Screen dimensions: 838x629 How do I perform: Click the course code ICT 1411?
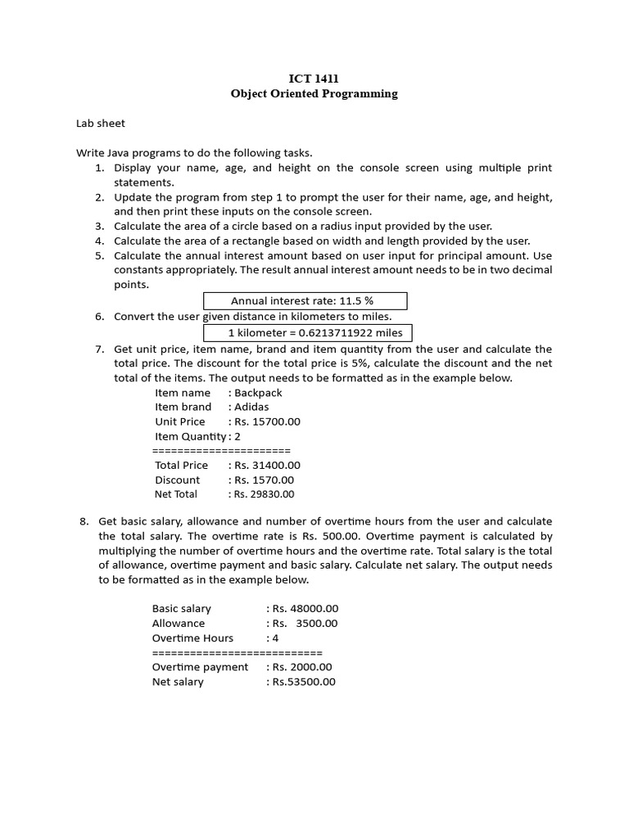tap(314, 79)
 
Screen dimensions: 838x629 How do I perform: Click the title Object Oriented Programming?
tap(314, 93)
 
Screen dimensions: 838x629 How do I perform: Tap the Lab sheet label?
tap(101, 124)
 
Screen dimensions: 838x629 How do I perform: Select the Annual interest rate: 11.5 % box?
tap(304, 301)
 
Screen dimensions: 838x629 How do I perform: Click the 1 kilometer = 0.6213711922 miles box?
tap(308, 332)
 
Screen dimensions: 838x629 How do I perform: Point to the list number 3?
tap(99, 226)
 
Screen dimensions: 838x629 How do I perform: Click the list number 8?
tap(83, 521)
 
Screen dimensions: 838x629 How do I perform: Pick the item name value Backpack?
tap(258, 392)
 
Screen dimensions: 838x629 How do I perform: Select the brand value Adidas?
tap(251, 407)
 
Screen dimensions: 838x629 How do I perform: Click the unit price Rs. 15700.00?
tap(267, 421)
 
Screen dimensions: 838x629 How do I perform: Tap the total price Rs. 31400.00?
tap(267, 465)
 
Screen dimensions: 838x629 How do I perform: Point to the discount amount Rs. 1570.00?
tap(264, 480)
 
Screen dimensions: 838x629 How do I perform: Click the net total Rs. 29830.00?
tap(264, 494)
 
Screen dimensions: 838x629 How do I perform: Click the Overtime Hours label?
tap(192, 638)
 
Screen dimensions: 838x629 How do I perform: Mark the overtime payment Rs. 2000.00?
tap(301, 667)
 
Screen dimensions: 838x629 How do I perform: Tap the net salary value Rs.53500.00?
tap(304, 682)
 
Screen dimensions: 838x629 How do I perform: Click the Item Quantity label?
tap(189, 436)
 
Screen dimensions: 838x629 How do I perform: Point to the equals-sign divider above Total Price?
tap(221, 451)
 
